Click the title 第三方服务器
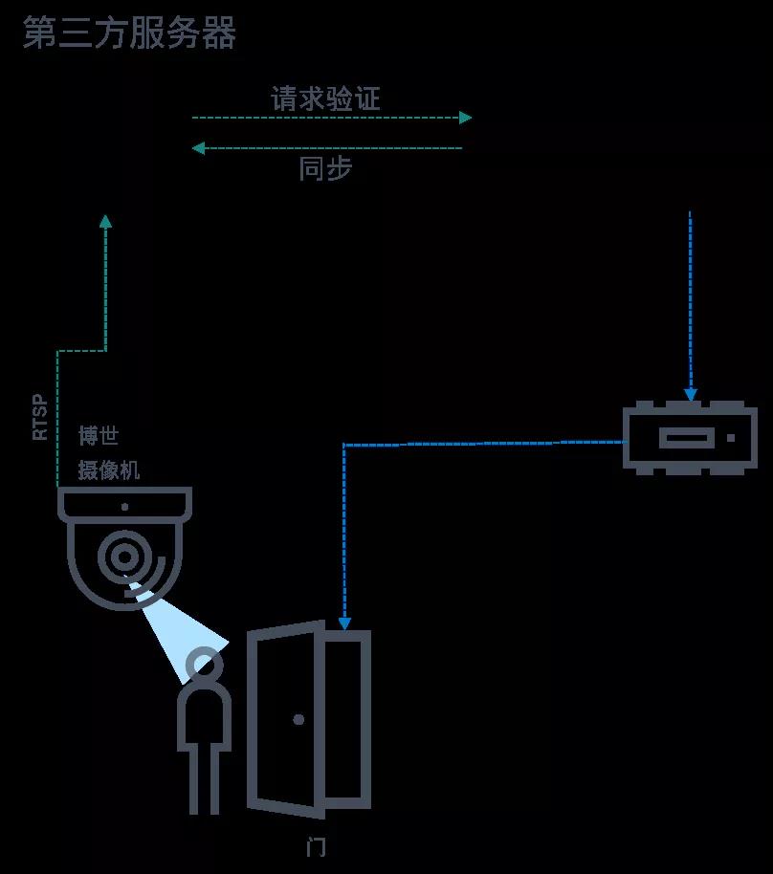coord(129,33)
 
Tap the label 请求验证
coord(325,98)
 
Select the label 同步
coord(325,167)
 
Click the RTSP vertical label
coord(39,418)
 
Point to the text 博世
coord(99,435)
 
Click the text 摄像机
coord(109,470)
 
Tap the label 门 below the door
coord(317,847)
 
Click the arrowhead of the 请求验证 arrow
coord(466,118)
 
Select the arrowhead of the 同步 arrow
coord(198,148)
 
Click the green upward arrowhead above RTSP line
coord(105,221)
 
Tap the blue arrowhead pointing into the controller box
coord(691,395)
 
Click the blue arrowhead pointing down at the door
coord(344,623)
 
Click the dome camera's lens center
coord(124,557)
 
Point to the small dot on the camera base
coord(125,507)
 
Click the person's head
coord(204,664)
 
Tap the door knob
coord(298,720)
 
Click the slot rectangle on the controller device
coord(687,438)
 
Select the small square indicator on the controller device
coord(731,438)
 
